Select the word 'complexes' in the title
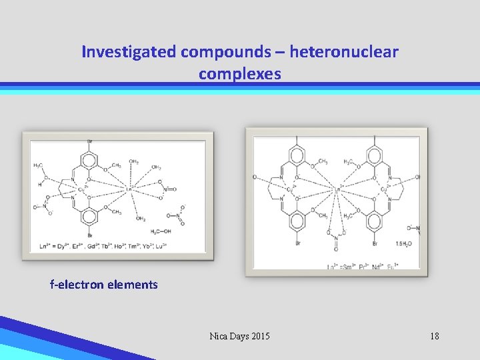(240, 74)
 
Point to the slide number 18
(434, 336)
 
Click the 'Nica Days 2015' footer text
(240, 336)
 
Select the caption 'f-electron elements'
(104, 285)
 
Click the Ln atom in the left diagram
(130, 189)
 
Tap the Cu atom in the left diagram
(81, 189)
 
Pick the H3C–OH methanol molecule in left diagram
(161, 231)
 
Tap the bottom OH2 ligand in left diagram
(141, 218)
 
